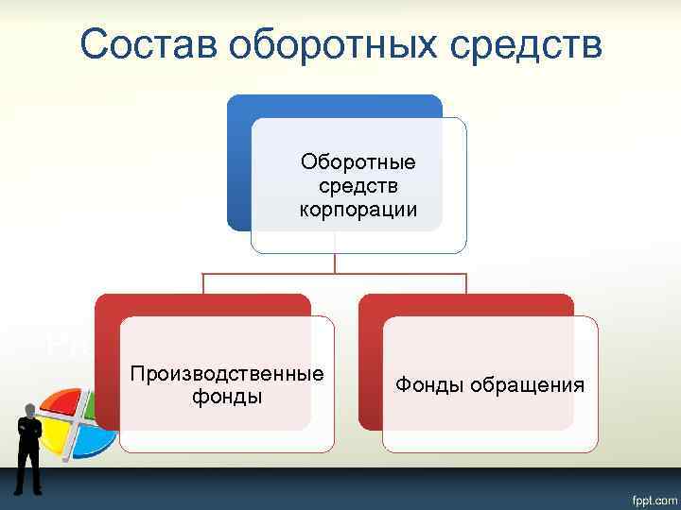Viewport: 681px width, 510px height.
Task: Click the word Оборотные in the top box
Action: click(x=358, y=163)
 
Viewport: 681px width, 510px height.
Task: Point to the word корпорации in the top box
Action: click(x=358, y=209)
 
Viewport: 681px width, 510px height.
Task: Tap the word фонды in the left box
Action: click(x=227, y=397)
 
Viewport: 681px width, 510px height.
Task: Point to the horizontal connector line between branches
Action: click(x=284, y=275)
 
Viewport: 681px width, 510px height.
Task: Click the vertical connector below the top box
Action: click(x=335, y=263)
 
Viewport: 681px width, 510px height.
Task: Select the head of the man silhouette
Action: click(x=31, y=411)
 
